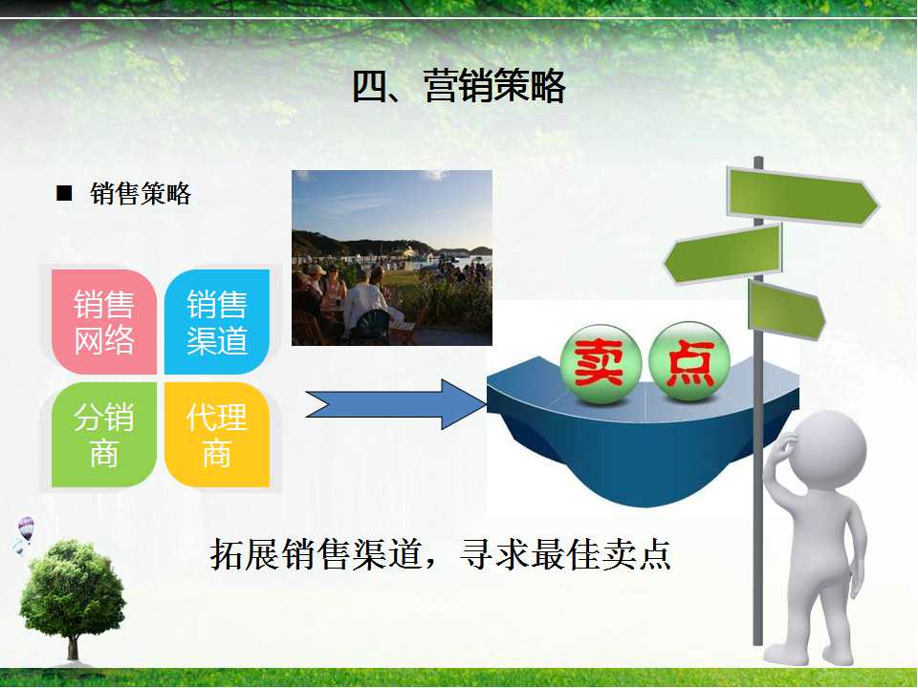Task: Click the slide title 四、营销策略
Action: tap(458, 86)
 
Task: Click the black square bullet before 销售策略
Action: tap(64, 193)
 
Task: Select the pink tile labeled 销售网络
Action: tap(103, 322)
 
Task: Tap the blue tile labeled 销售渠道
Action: tap(217, 322)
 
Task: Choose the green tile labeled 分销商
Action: tap(103, 435)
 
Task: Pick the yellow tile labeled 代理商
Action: tap(217, 435)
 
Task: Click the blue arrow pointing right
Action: tap(396, 404)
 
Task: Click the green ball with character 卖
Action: tap(601, 364)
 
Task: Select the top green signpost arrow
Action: tap(802, 197)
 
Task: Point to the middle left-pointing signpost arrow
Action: tap(723, 254)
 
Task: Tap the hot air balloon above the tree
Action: tap(26, 528)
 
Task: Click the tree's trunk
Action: tap(73, 647)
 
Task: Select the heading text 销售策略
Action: tap(141, 194)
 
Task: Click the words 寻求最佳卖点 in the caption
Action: tap(565, 554)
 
